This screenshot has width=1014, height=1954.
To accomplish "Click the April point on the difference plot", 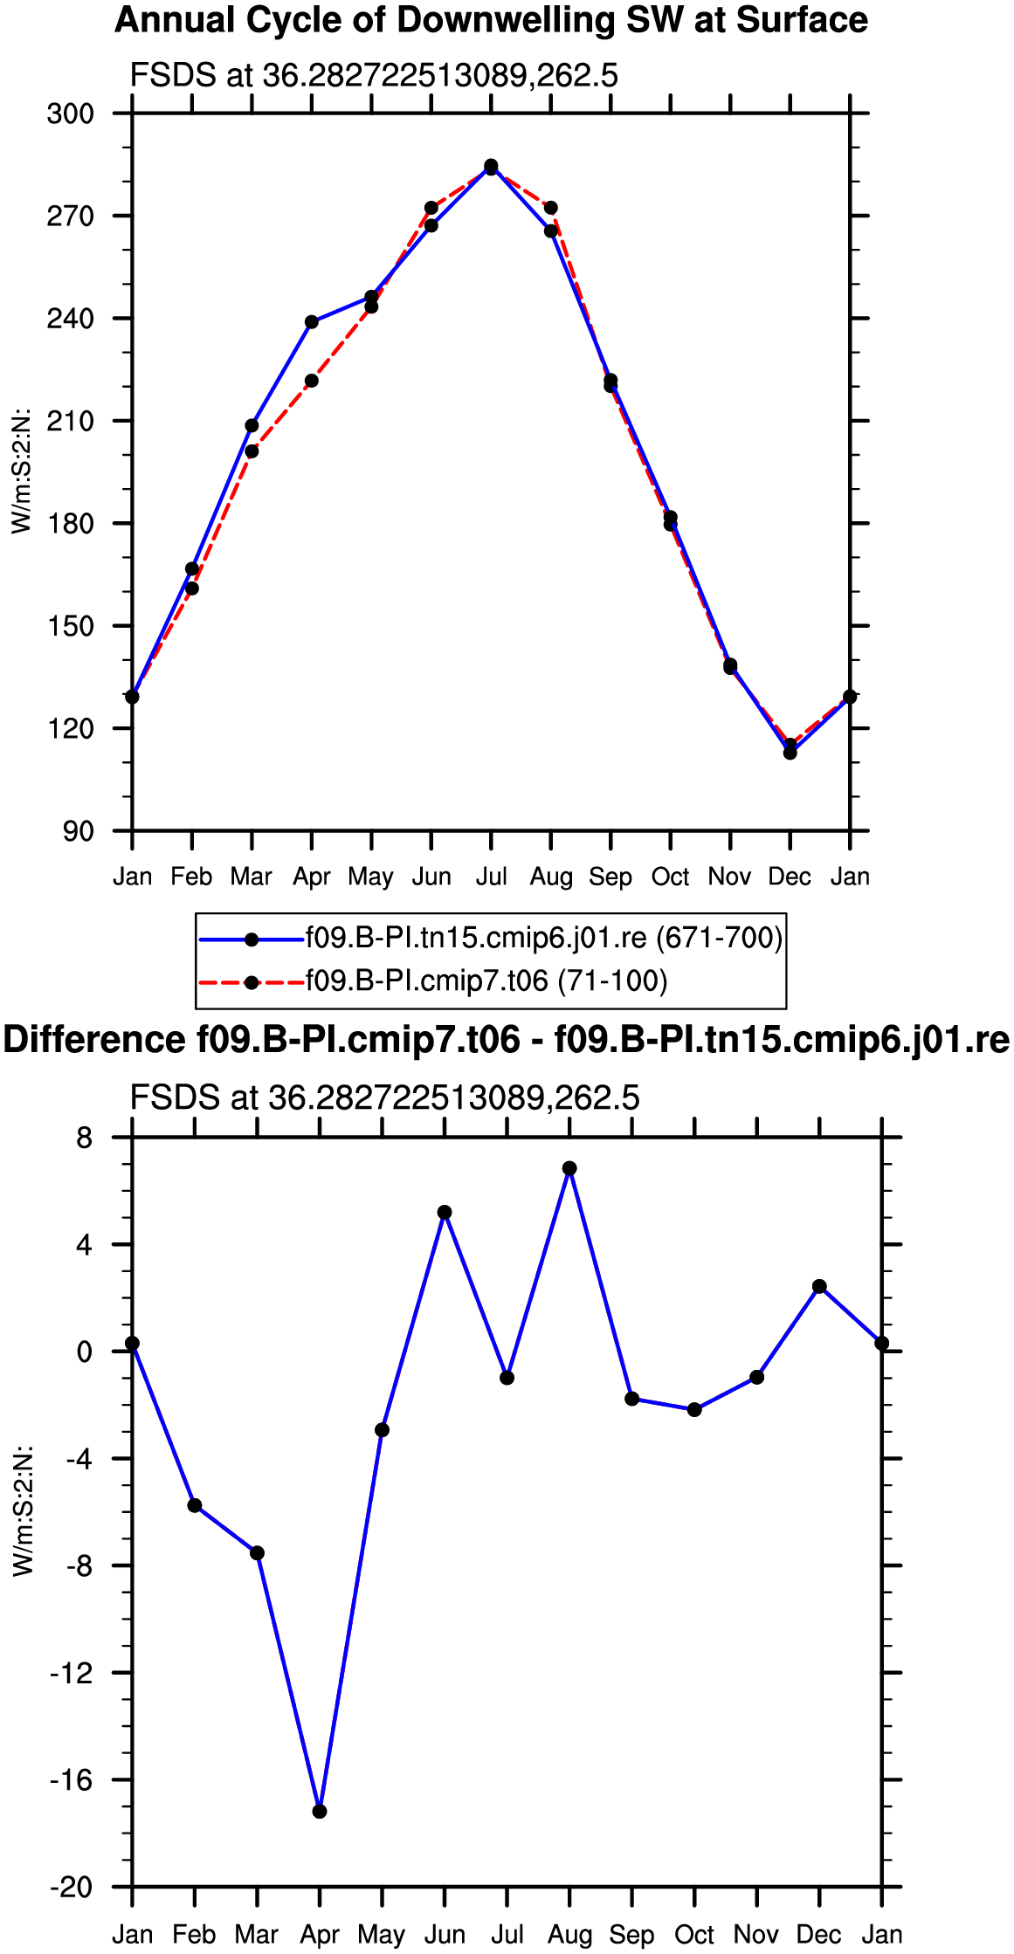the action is pyautogui.click(x=320, y=1812).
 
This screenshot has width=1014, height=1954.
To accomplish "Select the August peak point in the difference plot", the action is pyautogui.click(x=569, y=1168).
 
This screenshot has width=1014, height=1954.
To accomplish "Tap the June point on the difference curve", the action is pyautogui.click(x=445, y=1212).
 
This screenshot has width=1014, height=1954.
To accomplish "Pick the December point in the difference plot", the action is pyautogui.click(x=819, y=1286).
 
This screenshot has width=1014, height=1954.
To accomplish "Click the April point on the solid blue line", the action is pyautogui.click(x=312, y=322).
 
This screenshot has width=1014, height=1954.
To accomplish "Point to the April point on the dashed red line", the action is pyautogui.click(x=312, y=381).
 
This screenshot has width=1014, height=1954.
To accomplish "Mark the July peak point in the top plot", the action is pyautogui.click(x=491, y=166).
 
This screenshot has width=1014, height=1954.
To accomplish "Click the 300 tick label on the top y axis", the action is pyautogui.click(x=70, y=114).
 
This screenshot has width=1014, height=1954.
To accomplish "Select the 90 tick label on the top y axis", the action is pyautogui.click(x=79, y=831).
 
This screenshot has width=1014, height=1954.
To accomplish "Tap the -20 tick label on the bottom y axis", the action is pyautogui.click(x=71, y=1888).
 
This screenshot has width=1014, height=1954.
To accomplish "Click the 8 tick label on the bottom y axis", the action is pyautogui.click(x=84, y=1138).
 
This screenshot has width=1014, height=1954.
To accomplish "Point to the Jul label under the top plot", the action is pyautogui.click(x=491, y=877).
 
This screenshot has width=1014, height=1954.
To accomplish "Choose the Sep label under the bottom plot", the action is pyautogui.click(x=631, y=1935).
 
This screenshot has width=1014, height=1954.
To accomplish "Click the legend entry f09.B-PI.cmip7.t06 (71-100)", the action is pyautogui.click(x=486, y=981).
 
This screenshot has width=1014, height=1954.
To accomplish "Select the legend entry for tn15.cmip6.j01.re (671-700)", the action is pyautogui.click(x=544, y=938).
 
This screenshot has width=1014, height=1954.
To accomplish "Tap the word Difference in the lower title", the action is pyautogui.click(x=94, y=1040).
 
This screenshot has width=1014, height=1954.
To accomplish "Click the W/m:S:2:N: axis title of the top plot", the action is pyautogui.click(x=21, y=471).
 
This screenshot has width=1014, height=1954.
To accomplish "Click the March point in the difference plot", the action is pyautogui.click(x=257, y=1553).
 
